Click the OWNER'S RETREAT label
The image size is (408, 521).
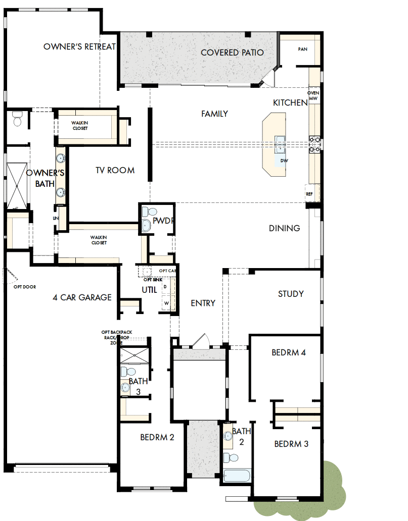(x=79, y=47)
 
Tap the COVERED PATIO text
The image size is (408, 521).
(x=232, y=53)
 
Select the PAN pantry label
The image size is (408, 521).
(x=302, y=49)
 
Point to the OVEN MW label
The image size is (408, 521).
(x=313, y=96)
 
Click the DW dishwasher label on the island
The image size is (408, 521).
(x=284, y=160)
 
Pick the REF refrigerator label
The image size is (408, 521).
(x=309, y=193)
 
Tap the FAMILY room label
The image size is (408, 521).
(x=214, y=114)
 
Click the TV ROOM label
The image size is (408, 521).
(x=115, y=171)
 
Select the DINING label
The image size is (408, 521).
(x=284, y=228)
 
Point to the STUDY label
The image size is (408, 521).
(x=291, y=294)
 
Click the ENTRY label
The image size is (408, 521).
(x=203, y=303)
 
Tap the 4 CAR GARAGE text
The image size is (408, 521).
(x=82, y=297)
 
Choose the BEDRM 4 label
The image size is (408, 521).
(x=288, y=353)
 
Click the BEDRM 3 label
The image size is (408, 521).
(x=291, y=444)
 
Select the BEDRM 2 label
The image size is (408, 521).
(x=157, y=437)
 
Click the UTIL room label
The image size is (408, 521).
(x=149, y=290)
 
